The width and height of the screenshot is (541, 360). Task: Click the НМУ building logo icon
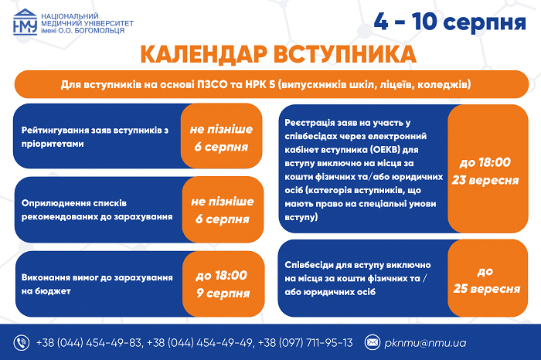(x=26, y=22)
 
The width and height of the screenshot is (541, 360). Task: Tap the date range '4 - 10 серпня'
(x=450, y=22)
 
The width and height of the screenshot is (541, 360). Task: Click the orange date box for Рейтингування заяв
(x=221, y=136)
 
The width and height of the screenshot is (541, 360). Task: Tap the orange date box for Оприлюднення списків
(x=223, y=209)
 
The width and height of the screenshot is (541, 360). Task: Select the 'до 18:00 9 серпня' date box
(x=223, y=284)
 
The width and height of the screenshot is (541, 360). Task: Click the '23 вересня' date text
(x=485, y=180)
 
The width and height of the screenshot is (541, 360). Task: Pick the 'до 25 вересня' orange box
(x=488, y=278)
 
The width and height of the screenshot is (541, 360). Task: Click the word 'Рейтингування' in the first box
(x=55, y=131)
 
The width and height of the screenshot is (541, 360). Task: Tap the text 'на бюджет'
(x=46, y=291)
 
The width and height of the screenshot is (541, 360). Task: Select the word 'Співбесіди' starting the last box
(x=309, y=265)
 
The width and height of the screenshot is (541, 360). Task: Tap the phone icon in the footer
(x=22, y=343)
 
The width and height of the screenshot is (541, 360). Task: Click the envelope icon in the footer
(x=373, y=342)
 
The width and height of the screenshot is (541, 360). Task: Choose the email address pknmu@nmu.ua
(x=425, y=343)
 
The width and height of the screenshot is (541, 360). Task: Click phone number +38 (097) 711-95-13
(x=305, y=343)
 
